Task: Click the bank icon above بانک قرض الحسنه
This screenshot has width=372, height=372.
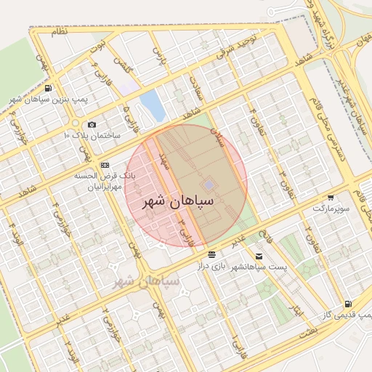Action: click(105, 165)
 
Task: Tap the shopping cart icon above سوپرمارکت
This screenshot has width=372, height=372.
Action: click(331, 198)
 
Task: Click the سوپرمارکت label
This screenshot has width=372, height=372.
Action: click(331, 209)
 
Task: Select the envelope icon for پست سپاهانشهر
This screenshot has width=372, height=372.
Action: click(259, 256)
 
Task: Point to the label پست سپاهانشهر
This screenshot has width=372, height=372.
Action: click(259, 267)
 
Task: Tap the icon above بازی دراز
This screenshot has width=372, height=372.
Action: click(211, 254)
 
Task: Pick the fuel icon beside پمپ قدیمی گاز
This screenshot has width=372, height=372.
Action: click(349, 304)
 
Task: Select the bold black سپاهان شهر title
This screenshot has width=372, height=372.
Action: click(183, 201)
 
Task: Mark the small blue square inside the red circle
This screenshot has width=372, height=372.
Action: click(209, 185)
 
